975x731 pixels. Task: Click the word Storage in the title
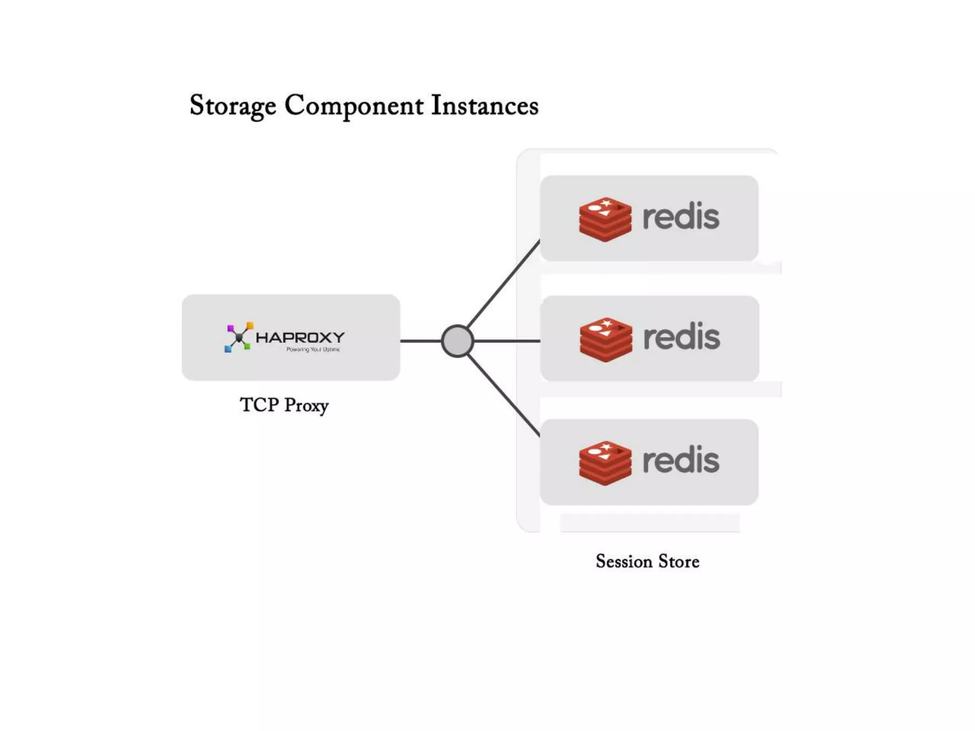coord(233,106)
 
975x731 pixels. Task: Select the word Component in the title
coord(354,106)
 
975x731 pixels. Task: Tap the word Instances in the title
coord(485,106)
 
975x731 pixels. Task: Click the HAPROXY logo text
coord(300,337)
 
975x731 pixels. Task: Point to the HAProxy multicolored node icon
coord(238,337)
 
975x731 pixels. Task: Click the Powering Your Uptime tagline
coord(313,349)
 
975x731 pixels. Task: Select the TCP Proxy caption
coord(284,405)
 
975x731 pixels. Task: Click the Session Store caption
coord(647,562)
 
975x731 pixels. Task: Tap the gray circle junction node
coord(457,341)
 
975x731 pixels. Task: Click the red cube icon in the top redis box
coord(605,219)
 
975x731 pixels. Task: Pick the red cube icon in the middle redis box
coord(606,340)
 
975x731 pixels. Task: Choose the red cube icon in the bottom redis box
coord(605,463)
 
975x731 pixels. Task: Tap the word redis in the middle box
coord(681,337)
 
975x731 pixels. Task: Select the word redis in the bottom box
coord(681,460)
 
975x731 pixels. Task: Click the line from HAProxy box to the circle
coord(421,341)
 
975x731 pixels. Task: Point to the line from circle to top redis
coord(504,284)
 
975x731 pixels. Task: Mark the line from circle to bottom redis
coord(504,396)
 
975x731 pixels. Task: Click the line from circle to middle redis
coord(507,341)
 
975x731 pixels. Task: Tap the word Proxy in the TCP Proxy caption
coord(306,406)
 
